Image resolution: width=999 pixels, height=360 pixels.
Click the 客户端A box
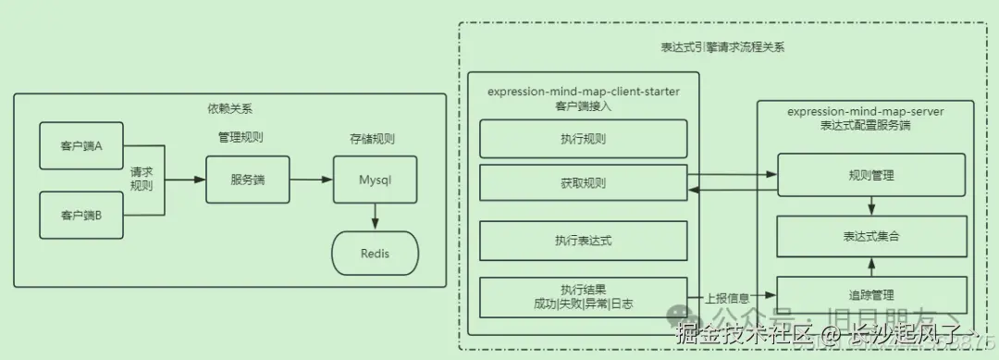(x=81, y=145)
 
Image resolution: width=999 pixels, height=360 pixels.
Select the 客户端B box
(x=81, y=215)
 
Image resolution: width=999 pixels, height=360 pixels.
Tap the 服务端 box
(x=247, y=180)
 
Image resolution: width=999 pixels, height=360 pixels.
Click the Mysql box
(x=375, y=180)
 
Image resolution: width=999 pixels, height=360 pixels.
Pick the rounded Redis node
(x=375, y=254)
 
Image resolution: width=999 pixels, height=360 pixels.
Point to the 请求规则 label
(x=142, y=179)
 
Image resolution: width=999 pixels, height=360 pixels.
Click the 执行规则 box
(x=583, y=139)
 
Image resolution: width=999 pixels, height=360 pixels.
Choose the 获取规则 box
(x=583, y=183)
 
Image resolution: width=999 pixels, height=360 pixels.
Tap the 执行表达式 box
(x=583, y=241)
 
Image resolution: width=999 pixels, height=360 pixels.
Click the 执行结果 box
(x=583, y=296)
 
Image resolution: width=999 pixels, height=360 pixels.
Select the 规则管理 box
(x=870, y=175)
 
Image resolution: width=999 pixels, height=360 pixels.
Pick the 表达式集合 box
(x=870, y=236)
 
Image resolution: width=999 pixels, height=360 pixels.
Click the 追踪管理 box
(x=870, y=294)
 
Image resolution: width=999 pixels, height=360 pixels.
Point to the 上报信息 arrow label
(x=727, y=298)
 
